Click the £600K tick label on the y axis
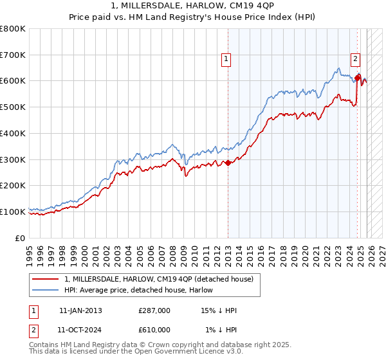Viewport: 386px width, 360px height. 13,81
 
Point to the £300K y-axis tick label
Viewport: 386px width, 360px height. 13,159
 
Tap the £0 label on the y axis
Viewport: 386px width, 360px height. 21,238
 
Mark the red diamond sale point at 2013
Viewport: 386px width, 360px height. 228,163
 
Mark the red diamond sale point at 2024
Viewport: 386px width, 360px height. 358,78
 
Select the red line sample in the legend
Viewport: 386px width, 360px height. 46,279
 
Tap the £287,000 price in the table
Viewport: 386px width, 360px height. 154,310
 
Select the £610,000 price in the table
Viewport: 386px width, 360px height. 154,330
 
